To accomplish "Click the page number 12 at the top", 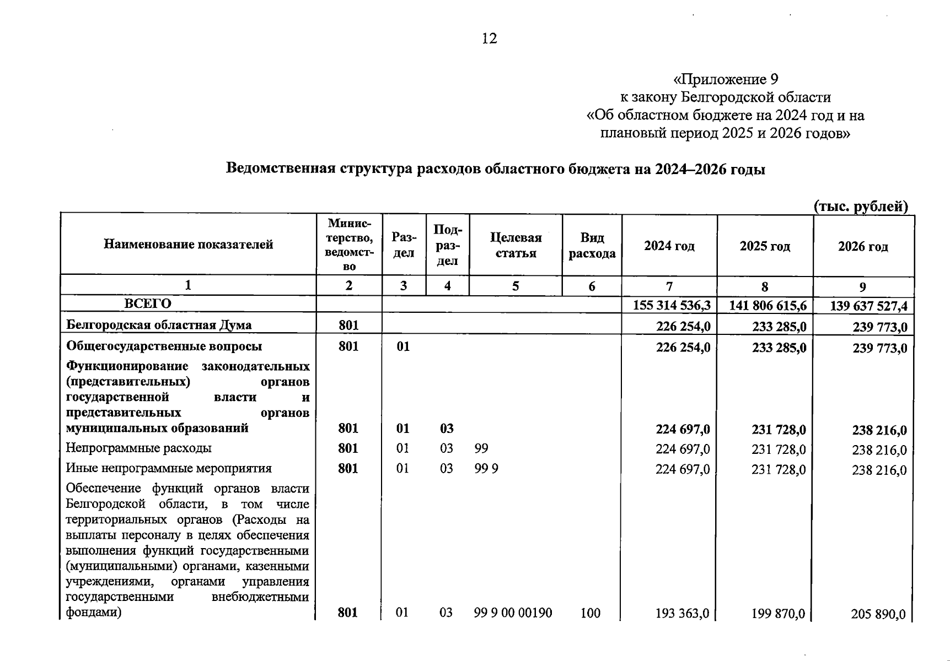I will [489, 38].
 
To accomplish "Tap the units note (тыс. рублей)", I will [861, 206].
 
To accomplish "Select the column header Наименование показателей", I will [188, 244].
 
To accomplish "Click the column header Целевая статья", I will [516, 245].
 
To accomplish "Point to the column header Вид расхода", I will [592, 245].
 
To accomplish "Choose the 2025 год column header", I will [765, 246].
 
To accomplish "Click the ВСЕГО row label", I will [148, 304].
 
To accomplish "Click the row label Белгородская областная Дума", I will [159, 325].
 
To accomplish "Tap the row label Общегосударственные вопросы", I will [164, 346].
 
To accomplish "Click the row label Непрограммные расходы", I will [138, 448].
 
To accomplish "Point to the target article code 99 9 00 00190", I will [513, 613].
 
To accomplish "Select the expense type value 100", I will [590, 613].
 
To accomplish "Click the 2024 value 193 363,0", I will [682, 613].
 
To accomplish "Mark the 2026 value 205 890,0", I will [878, 614].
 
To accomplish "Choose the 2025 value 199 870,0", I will [778, 614].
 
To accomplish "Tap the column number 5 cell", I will [516, 286].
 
